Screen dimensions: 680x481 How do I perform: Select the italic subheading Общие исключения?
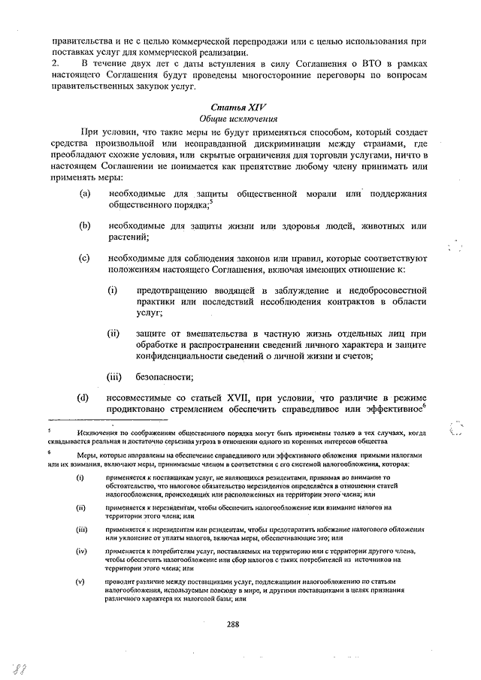(239, 119)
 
